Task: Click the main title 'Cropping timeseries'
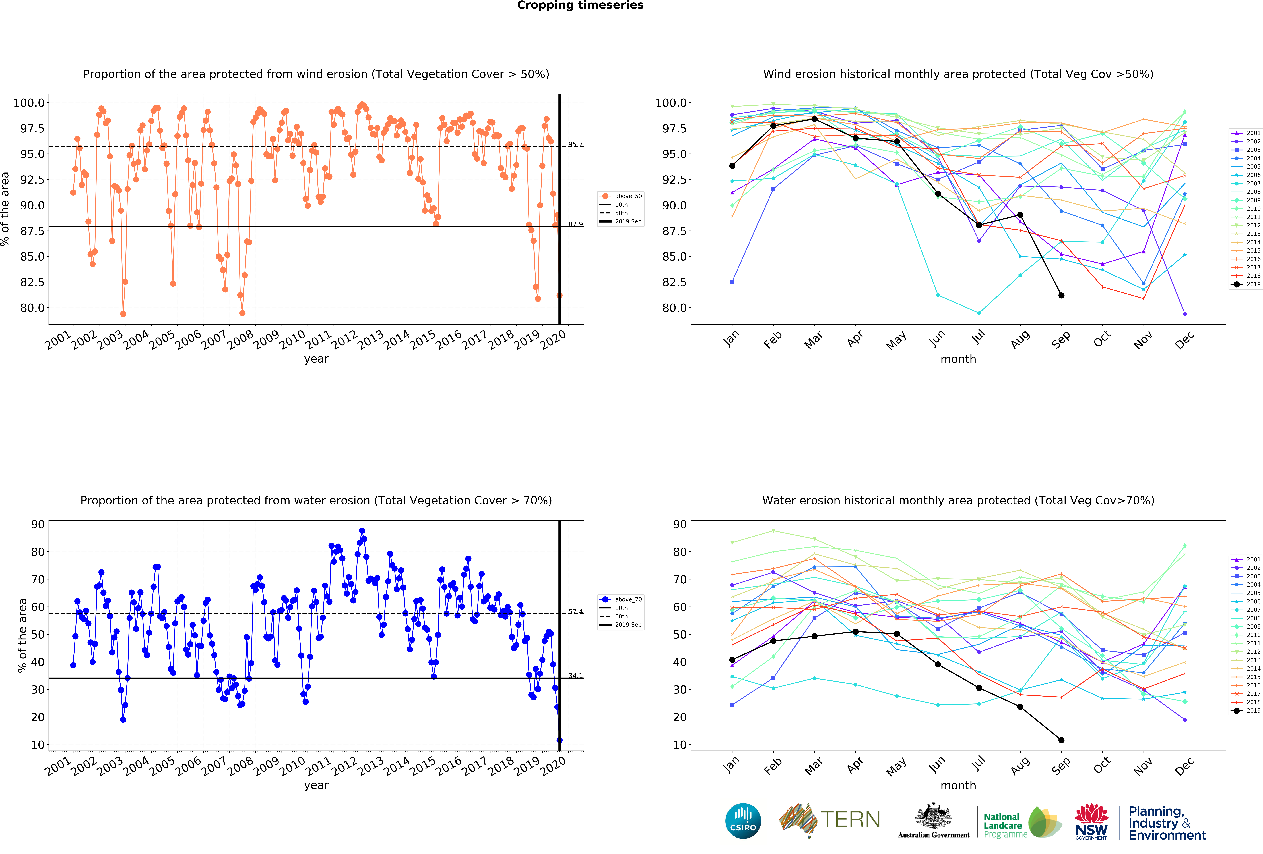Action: (x=580, y=5)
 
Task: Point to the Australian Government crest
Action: (x=933, y=815)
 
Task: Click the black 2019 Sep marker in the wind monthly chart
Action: (x=1061, y=295)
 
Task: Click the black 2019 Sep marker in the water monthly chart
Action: (x=1061, y=740)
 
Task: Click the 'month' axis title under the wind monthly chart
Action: (x=958, y=359)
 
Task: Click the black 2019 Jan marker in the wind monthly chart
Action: (x=732, y=166)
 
